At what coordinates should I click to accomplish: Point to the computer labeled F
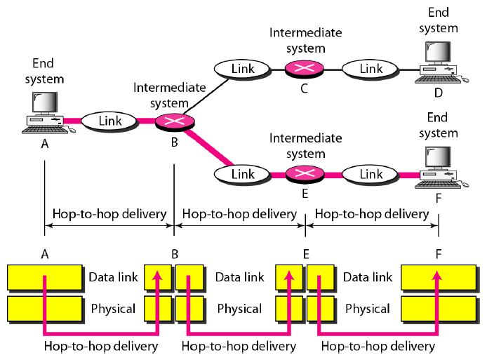(439, 166)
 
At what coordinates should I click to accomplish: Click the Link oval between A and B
(110, 121)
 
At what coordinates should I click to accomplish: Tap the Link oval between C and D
(371, 69)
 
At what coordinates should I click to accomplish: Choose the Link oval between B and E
(243, 173)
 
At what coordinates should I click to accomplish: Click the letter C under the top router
(304, 88)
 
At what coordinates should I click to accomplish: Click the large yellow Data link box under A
(44, 277)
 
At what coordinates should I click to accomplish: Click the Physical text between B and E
(239, 309)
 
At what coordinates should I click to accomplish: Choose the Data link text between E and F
(368, 277)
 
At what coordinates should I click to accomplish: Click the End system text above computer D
(442, 22)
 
